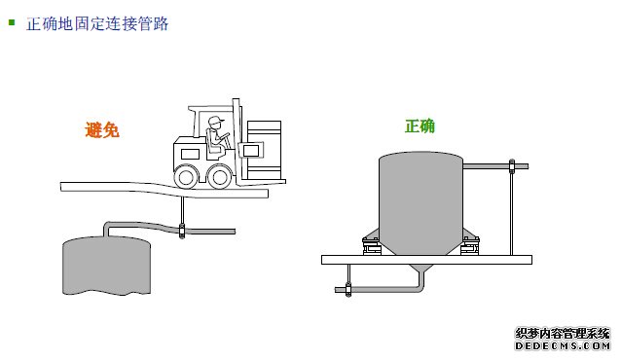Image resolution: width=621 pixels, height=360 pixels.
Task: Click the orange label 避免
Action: (x=102, y=129)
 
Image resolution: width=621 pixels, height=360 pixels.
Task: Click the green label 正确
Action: (x=420, y=126)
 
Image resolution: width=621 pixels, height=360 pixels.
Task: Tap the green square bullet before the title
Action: (x=12, y=19)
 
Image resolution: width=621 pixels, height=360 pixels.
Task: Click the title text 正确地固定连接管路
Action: (x=98, y=22)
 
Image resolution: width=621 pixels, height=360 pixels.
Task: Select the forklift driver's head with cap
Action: (x=215, y=123)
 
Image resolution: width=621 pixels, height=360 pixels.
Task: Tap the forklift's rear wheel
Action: (x=185, y=176)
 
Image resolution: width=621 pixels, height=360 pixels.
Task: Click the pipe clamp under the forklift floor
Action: (x=182, y=231)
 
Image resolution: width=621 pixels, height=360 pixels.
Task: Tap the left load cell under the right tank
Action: (x=372, y=247)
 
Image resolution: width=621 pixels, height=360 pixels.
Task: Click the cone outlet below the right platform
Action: (x=420, y=271)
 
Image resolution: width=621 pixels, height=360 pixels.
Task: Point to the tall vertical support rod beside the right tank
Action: (x=509, y=209)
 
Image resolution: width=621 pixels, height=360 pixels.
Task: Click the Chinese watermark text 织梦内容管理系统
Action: (x=562, y=333)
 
